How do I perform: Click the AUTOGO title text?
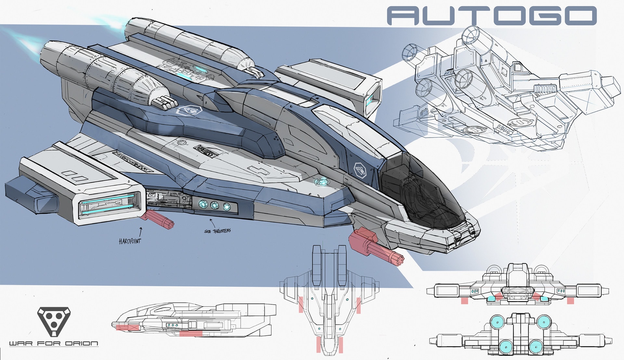[492, 16]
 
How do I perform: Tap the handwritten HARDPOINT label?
[130, 241]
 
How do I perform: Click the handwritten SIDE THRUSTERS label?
[217, 231]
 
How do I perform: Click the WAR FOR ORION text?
[54, 343]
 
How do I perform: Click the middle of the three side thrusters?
[214, 205]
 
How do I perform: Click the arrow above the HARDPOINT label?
[141, 231]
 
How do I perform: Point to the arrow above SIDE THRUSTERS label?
[212, 222]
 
